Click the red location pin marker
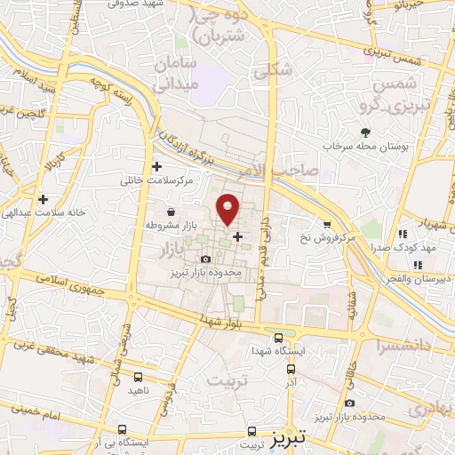228,208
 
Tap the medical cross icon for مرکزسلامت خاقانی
157,166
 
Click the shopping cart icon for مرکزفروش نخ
327,224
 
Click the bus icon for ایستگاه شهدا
279,338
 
